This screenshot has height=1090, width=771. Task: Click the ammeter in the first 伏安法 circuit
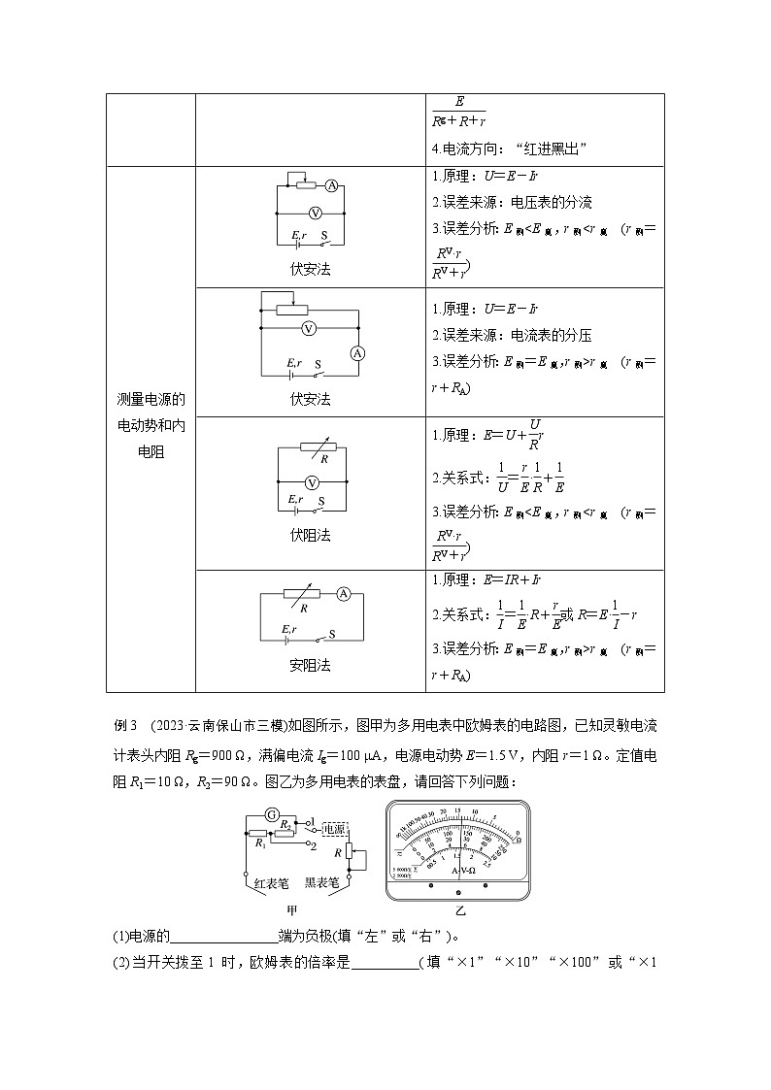pyautogui.click(x=331, y=185)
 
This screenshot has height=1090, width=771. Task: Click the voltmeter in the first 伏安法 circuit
pyautogui.click(x=314, y=212)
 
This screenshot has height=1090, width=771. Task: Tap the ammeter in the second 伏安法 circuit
pyautogui.click(x=356, y=354)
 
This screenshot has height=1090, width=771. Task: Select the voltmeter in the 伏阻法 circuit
pyautogui.click(x=313, y=481)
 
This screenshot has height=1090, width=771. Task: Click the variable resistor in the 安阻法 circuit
pyautogui.click(x=309, y=593)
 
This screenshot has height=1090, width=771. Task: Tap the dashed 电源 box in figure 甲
pyautogui.click(x=335, y=829)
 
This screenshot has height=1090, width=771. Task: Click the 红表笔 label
pyautogui.click(x=271, y=883)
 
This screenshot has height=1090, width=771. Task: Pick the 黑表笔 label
pyautogui.click(x=321, y=883)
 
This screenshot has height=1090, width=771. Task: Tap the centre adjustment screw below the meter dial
pyautogui.click(x=459, y=888)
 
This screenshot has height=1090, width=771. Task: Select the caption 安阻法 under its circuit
pyautogui.click(x=310, y=665)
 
